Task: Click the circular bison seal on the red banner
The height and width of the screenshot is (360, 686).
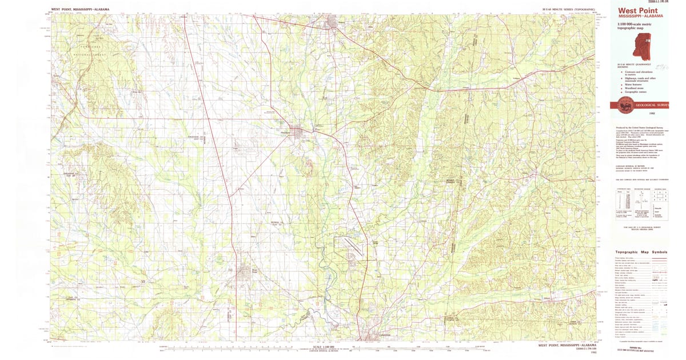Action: (621, 105)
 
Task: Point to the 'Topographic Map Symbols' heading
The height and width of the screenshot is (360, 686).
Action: (641, 252)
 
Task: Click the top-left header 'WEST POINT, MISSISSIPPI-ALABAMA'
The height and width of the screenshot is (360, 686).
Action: (80, 10)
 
